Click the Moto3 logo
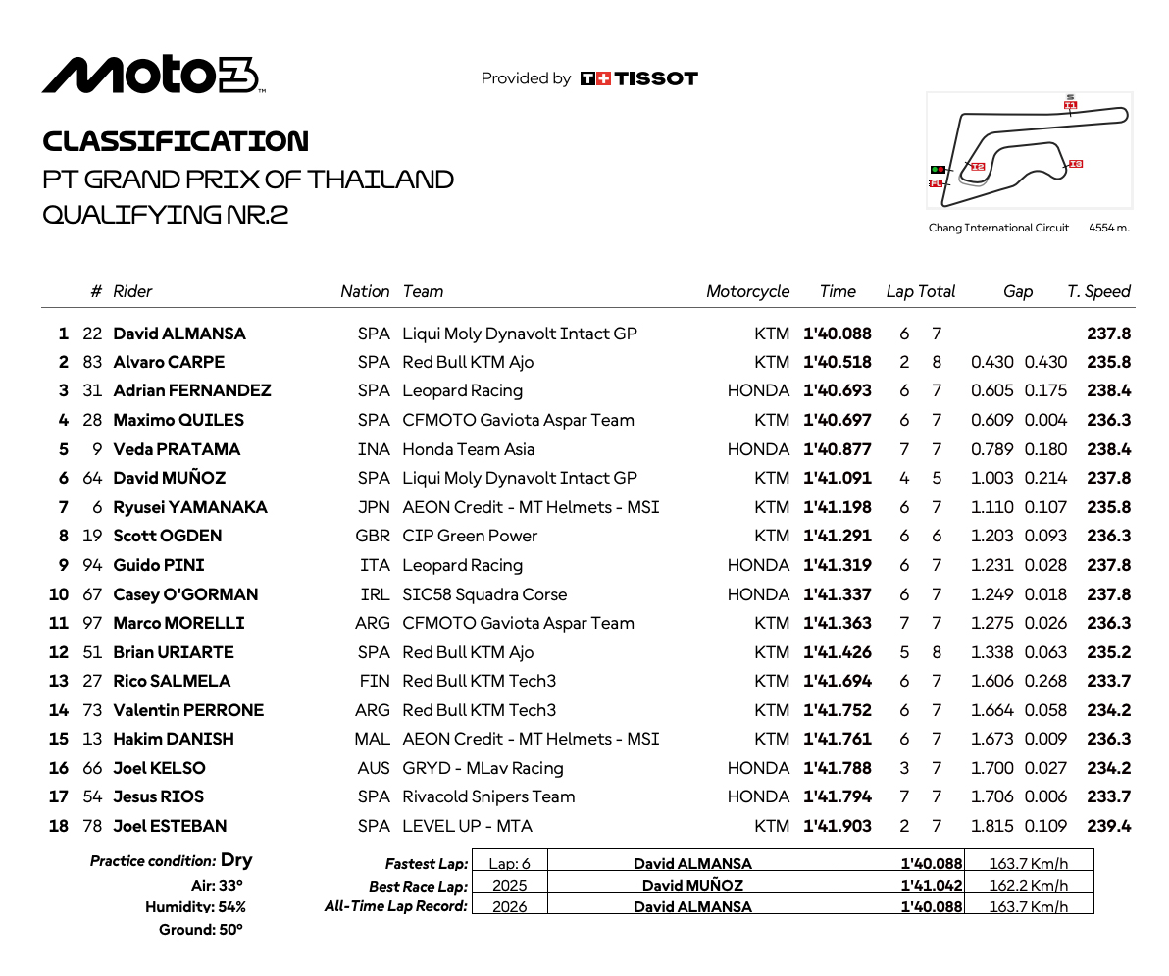pos(152,77)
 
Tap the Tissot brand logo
pos(638,78)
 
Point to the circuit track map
pos(1029,151)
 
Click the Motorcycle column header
pos(747,291)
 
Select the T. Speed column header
pos(1098,291)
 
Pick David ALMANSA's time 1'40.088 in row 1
pos(837,334)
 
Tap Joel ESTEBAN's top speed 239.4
pos(1108,826)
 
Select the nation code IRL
pos(375,594)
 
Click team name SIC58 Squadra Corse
pos(484,594)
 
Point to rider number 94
pos(92,565)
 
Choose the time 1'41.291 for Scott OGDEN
pos(837,536)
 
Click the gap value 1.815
pos(991,826)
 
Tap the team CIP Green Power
pos(470,536)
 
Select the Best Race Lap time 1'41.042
pos(932,885)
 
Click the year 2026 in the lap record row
pos(509,906)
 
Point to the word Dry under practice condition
pos(236,860)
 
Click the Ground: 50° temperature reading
pos(200,930)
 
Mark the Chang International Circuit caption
pos(998,228)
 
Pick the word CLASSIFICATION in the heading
pos(176,141)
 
